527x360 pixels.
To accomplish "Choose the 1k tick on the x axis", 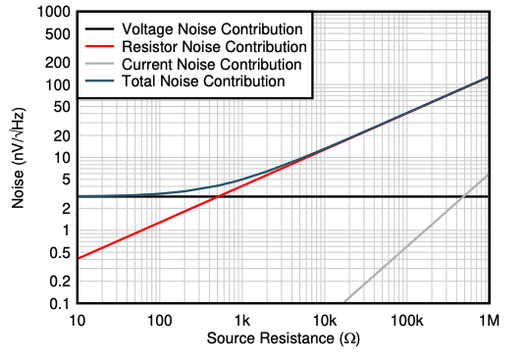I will pyautogui.click(x=241, y=322).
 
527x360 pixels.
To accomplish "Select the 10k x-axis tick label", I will pyautogui.click(x=324, y=322).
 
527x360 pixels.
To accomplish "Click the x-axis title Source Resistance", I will pyautogui.click(x=284, y=339).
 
